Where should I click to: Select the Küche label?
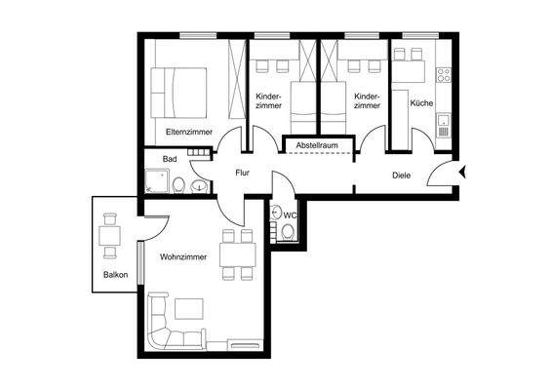pyautogui.click(x=420, y=102)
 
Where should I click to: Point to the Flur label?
pyautogui.click(x=244, y=174)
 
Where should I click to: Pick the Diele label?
pyautogui.click(x=400, y=176)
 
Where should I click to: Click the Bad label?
pyautogui.click(x=170, y=158)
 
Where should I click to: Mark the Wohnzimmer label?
pyautogui.click(x=183, y=257)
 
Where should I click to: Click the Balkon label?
pyautogui.click(x=115, y=274)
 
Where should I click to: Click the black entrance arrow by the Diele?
pyautogui.click(x=464, y=174)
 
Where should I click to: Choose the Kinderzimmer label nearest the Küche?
pyautogui.click(x=366, y=101)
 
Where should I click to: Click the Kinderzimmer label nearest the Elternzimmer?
pyautogui.click(x=268, y=101)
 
